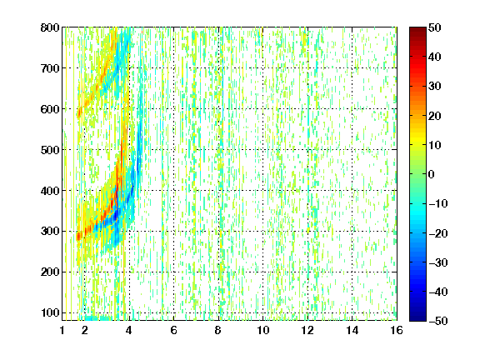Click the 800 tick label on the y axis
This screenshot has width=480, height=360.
click(50, 27)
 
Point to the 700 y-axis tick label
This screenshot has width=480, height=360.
click(50, 68)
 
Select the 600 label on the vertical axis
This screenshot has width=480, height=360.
click(50, 109)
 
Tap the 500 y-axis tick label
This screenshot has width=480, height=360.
click(50, 150)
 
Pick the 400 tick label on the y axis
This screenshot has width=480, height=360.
click(50, 191)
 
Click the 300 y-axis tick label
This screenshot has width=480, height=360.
click(50, 232)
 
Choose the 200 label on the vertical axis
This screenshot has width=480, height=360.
click(50, 272)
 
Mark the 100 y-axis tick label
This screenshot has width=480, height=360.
click(50, 312)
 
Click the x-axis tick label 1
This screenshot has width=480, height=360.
click(62, 330)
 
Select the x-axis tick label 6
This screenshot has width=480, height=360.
click(173, 330)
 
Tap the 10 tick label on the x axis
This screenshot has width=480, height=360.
click(263, 330)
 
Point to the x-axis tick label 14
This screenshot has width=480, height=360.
click(352, 330)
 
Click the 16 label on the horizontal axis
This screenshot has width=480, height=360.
click(397, 330)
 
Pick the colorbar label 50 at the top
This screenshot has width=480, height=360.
click(435, 27)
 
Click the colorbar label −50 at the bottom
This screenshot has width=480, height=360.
click(438, 321)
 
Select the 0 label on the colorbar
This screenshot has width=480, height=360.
click(432, 174)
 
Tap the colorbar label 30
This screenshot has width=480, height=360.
click(435, 87)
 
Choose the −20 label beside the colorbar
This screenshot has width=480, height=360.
click(438, 233)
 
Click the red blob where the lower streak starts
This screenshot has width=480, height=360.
click(78, 237)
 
